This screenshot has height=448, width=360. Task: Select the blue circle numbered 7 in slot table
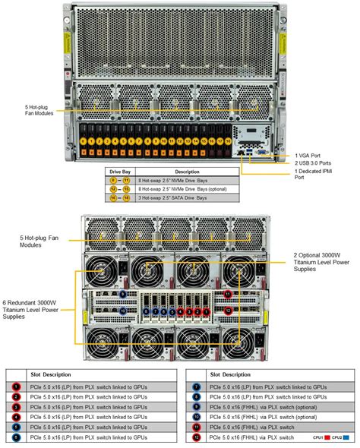tap(195, 386)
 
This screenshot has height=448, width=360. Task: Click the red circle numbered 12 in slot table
tap(195, 438)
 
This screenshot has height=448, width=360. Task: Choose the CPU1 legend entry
tap(319, 438)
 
